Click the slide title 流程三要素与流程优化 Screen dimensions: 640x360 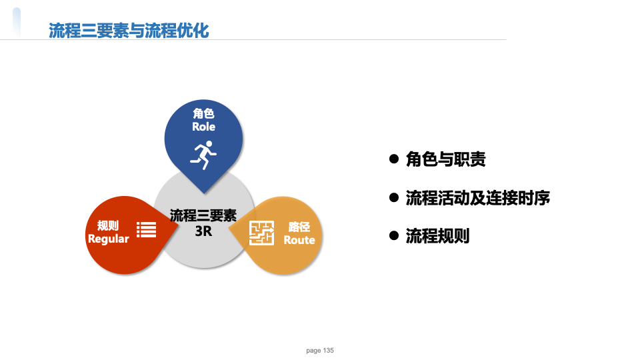tap(129, 31)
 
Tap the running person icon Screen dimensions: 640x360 tap(204, 155)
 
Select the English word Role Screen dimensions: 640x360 tap(204, 127)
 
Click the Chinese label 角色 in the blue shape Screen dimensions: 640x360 tap(204, 113)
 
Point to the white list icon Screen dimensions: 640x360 tap(147, 229)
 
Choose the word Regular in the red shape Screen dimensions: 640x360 tap(109, 239)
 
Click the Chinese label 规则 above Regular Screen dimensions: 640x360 tap(108, 225)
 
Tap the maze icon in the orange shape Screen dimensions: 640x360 tap(261, 233)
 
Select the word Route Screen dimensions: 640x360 tap(299, 240)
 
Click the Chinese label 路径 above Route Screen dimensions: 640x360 tap(299, 227)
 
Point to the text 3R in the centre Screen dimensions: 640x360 tap(204, 231)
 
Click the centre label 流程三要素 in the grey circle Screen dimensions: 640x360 tap(203, 215)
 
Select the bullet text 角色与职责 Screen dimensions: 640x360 tap(446, 159)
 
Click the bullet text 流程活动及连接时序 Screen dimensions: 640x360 tap(477, 197)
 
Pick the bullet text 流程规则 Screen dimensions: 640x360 tap(437, 236)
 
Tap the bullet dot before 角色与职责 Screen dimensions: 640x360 tap(394, 159)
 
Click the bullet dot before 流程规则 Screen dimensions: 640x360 tap(394, 235)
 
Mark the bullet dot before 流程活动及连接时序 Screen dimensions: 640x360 tap(394, 197)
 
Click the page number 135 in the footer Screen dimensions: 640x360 tap(329, 350)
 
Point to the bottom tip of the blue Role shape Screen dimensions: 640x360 tap(204, 193)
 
